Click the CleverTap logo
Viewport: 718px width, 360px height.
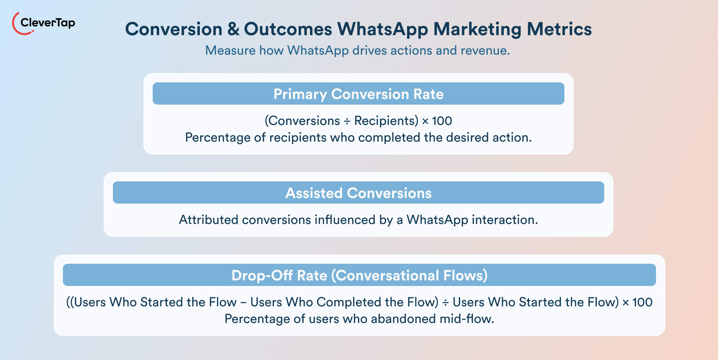coord(43,23)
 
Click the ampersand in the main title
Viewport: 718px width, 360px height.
coord(233,29)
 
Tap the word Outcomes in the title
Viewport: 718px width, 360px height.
coord(288,29)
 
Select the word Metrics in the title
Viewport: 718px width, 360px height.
coord(559,29)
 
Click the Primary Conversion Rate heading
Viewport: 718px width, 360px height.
coord(358,94)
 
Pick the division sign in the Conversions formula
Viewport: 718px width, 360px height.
coord(347,121)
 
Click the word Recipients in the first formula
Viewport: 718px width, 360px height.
coord(386,121)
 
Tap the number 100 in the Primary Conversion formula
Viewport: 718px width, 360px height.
coord(442,121)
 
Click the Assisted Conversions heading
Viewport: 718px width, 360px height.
coord(358,193)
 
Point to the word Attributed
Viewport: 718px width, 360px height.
coord(208,220)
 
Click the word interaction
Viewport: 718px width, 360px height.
coord(505,220)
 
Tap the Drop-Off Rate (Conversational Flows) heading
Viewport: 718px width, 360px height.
coord(359,275)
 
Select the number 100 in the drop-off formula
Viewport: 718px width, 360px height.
coord(642,302)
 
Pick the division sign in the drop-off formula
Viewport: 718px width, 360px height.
coord(445,302)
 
